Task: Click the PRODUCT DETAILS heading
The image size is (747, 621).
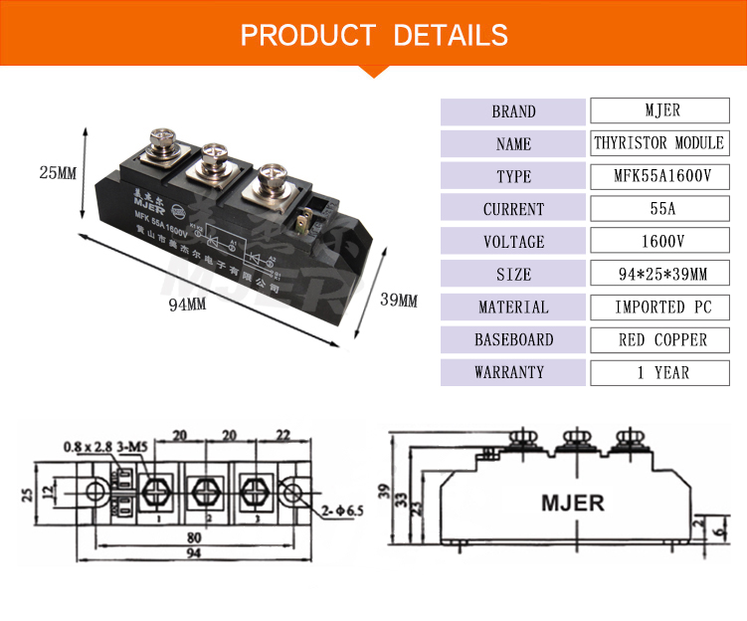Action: pos(374,36)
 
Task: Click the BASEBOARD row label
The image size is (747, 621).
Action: pos(513,339)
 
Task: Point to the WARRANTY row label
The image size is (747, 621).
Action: pos(513,372)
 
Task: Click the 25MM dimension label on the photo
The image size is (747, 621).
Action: pos(58,172)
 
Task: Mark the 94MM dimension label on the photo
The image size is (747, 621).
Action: pos(186,305)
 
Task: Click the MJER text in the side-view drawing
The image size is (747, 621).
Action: pos(572,502)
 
